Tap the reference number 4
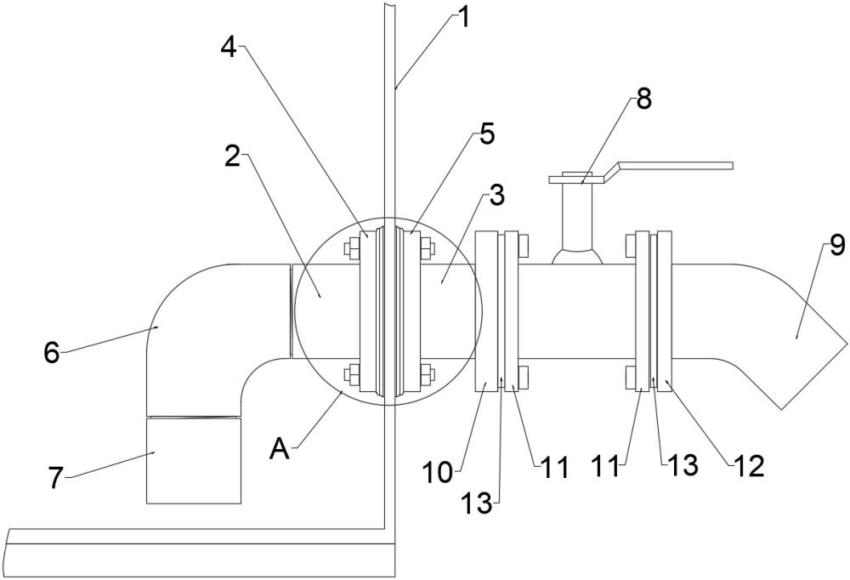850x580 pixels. tap(229, 48)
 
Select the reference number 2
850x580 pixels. tap(233, 156)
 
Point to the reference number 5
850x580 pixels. tap(487, 134)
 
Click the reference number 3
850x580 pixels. tap(496, 196)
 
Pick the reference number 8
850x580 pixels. tap(643, 100)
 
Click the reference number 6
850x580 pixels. tap(52, 353)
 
